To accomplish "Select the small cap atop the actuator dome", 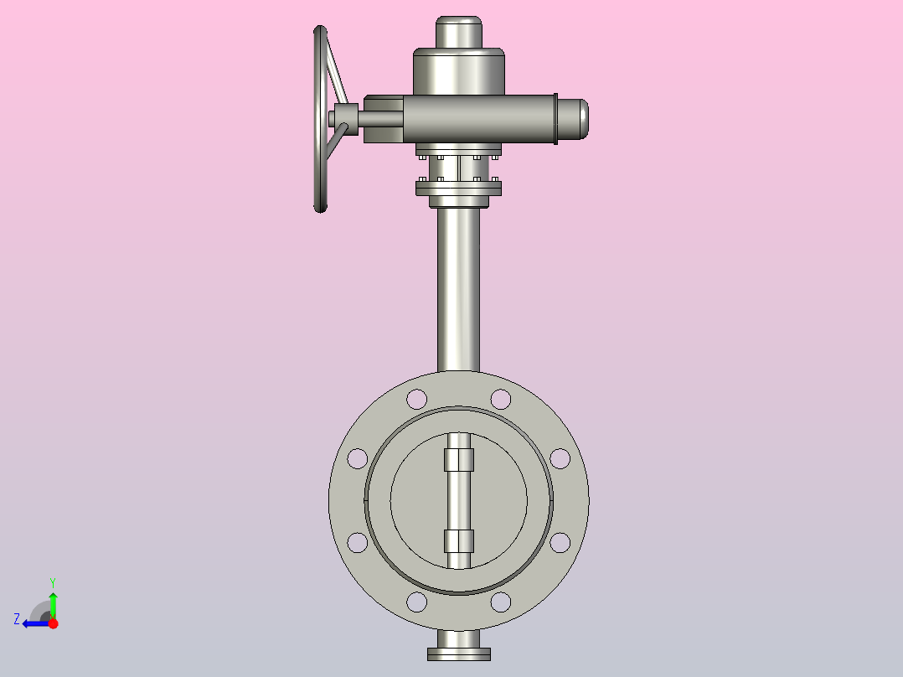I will (459, 33).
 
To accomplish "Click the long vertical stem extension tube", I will (458, 285).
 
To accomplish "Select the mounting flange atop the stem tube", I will (458, 189).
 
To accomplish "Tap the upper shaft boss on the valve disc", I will (459, 460).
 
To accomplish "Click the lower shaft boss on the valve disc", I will (459, 541).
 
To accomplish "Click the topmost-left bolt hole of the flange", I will (416, 399).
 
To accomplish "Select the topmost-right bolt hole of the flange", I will (501, 399).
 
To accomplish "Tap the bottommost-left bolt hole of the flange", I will (416, 602).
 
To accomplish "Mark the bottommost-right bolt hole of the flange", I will (501, 602).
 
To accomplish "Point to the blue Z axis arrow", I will (34, 623).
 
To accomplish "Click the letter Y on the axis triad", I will (53, 581).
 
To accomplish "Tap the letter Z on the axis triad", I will (17, 619).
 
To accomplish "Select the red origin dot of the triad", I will (53, 623).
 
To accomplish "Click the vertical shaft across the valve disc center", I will (459, 500).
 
